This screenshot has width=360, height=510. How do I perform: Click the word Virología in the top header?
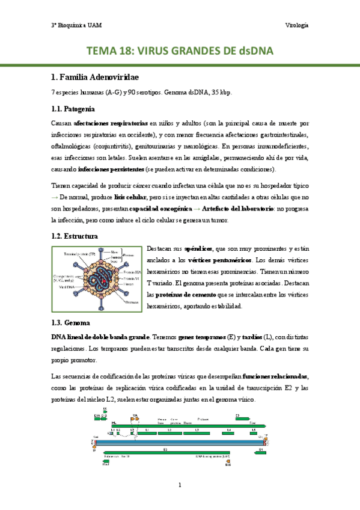coord(296,25)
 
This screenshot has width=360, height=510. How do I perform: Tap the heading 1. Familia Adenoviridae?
coord(95,78)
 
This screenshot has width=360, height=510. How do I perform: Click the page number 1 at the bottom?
coord(180,485)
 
